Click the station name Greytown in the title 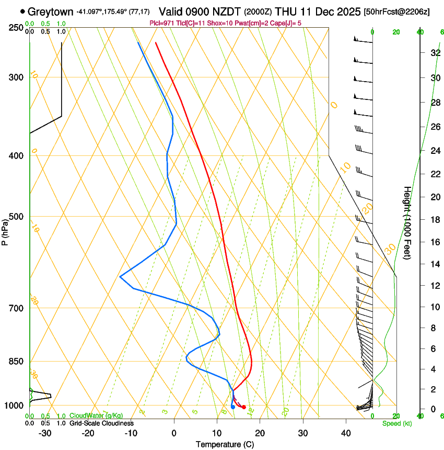click(50, 11)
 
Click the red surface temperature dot click(244, 407)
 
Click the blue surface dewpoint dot click(232, 407)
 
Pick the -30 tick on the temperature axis click(45, 433)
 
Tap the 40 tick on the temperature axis click(345, 433)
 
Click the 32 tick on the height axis click(434, 53)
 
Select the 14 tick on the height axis click(434, 264)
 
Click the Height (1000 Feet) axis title click(407, 222)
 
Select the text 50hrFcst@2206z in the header click(396, 12)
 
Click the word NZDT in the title click(226, 11)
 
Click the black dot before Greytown click(22, 11)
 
